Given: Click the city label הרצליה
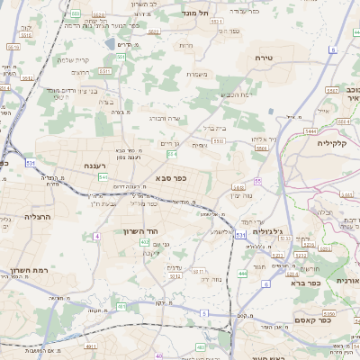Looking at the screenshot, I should (x=18, y=217).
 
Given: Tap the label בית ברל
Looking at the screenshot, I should (x=213, y=129).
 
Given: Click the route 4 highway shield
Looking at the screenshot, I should (x=96, y=236).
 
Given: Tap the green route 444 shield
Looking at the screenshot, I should (x=242, y=273).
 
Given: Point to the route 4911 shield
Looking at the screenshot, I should (x=89, y=346).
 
